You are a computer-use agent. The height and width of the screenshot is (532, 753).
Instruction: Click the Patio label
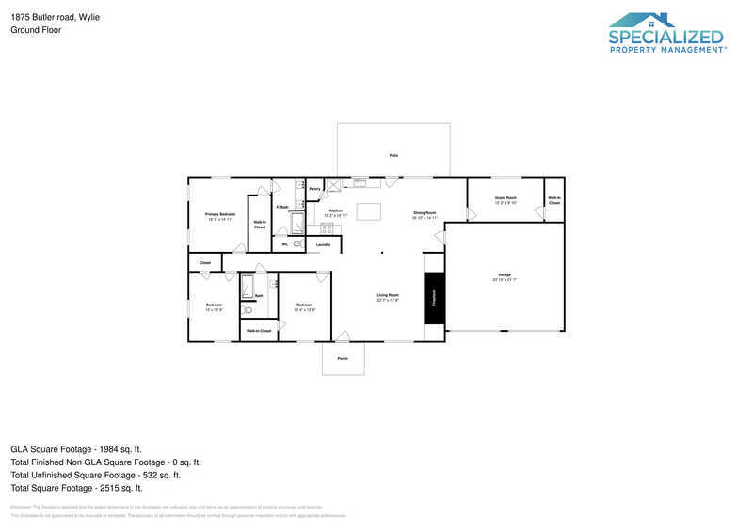coord(393,155)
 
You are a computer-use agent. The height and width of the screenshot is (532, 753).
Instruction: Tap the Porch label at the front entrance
coord(343,359)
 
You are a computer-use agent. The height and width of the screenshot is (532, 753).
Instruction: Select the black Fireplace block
coord(434,298)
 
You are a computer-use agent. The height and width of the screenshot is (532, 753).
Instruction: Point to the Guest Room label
coord(505,199)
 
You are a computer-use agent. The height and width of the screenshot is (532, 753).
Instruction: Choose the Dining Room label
coord(425,214)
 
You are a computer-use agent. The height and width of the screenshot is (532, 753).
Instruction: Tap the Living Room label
coord(388,297)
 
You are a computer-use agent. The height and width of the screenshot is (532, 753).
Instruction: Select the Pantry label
coord(314,189)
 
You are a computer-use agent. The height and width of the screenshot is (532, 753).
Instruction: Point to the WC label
coord(284,244)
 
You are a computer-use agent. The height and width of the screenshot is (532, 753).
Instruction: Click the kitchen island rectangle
coord(368,211)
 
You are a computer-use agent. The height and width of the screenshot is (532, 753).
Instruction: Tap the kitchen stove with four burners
coord(327,228)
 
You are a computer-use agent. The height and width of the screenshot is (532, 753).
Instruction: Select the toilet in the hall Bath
coord(248,308)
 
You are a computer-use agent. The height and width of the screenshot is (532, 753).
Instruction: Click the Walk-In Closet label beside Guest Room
coord(554,200)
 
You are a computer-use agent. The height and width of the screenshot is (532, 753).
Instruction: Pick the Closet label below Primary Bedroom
coord(205,262)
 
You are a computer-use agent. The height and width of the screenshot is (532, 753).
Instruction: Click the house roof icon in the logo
coord(642,20)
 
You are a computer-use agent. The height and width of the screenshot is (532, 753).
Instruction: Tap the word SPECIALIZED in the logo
coord(666,38)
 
